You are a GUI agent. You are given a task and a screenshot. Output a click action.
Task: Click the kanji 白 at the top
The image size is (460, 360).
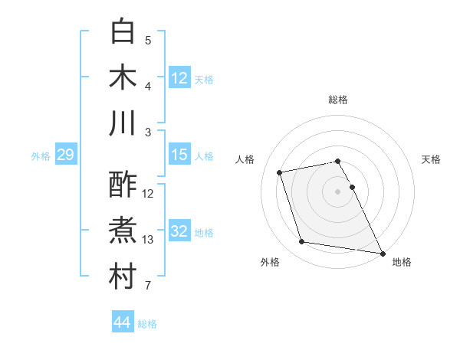click(x=123, y=31)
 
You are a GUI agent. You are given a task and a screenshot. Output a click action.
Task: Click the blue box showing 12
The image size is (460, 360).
click(x=179, y=78)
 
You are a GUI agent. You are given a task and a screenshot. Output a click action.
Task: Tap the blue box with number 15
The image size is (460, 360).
click(x=179, y=155)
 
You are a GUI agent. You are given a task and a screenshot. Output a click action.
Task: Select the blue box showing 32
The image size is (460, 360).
click(x=179, y=231)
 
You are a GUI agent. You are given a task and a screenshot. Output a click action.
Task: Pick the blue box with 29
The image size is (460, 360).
click(x=65, y=155)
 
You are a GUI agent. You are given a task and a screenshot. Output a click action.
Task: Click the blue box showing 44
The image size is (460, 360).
click(x=122, y=323)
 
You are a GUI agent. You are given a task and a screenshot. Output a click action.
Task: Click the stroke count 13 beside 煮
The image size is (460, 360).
click(x=149, y=240)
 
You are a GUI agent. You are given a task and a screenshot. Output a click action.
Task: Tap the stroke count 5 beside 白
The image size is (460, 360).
click(x=148, y=41)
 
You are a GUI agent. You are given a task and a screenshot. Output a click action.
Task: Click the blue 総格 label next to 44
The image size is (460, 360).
click(x=148, y=324)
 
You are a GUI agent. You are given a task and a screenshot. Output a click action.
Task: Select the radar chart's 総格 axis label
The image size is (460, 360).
click(x=338, y=100)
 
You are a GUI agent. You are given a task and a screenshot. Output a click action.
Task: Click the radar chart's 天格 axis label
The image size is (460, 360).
click(x=432, y=159)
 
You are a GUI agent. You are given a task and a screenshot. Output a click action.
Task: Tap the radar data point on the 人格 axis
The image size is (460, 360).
click(x=280, y=172)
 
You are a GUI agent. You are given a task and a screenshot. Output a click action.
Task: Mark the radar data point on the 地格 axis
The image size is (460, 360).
click(x=383, y=253)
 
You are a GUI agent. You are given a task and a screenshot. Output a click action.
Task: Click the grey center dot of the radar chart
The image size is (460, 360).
click(x=338, y=191)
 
